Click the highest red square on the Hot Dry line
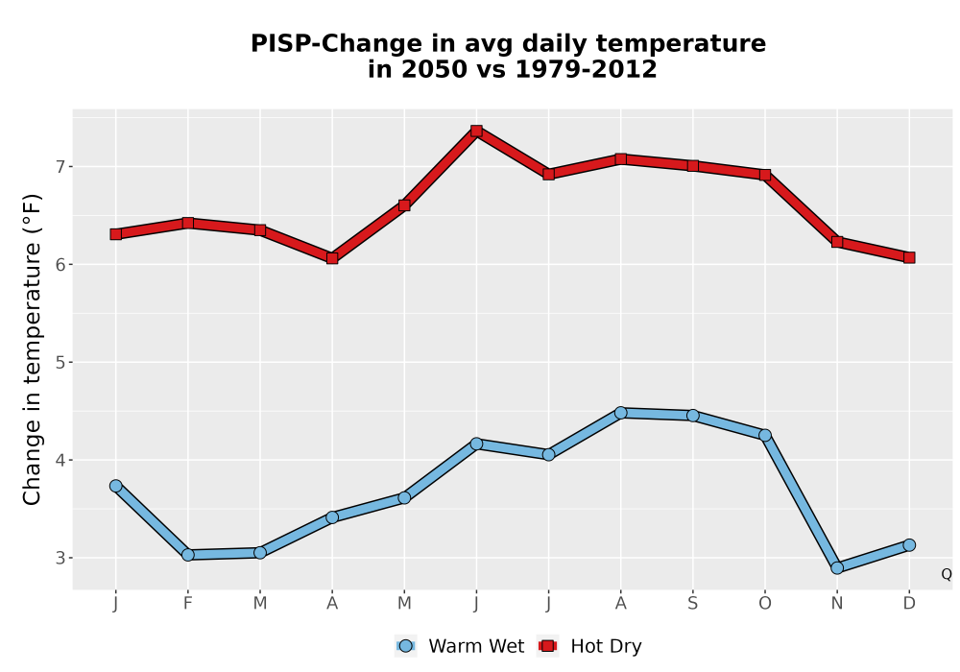point(476,131)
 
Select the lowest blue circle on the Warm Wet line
point(837,568)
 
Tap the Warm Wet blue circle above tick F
point(188,555)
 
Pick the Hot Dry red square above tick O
point(765,175)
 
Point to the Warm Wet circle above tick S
point(692,416)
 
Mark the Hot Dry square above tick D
point(909,257)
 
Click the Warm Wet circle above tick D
point(909,544)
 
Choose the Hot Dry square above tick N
point(837,242)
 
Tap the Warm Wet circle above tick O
point(765,435)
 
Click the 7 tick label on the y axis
point(60,166)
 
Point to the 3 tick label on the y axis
point(60,558)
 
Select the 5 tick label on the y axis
point(60,362)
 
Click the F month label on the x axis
point(188,604)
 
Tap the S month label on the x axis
point(692,604)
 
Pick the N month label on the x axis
point(837,604)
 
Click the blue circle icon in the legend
point(405,646)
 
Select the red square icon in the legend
point(547,646)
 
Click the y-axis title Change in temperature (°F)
point(32,349)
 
